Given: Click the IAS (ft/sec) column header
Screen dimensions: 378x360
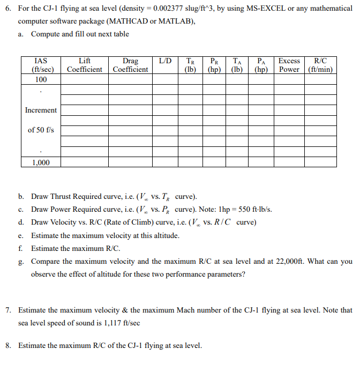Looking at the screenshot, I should (40, 65).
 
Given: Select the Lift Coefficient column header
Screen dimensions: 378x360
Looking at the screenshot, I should (85, 65).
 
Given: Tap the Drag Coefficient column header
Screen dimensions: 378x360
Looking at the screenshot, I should (130, 65).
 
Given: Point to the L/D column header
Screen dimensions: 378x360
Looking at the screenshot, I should (165, 61).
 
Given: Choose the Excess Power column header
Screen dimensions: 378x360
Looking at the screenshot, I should (289, 65).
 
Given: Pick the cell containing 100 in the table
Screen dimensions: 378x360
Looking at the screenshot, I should (40, 79).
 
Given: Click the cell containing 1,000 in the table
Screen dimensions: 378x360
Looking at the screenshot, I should (40, 162).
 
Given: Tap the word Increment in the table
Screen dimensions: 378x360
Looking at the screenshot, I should (40, 110).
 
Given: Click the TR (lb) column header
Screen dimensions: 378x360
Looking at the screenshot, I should (190, 65).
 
